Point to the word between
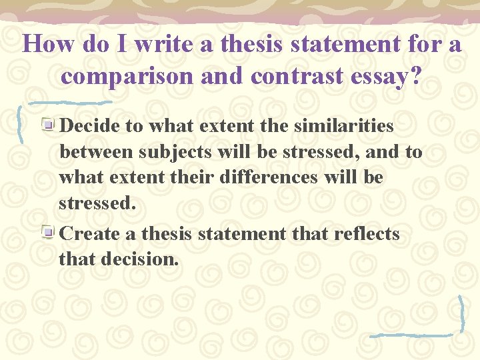(97, 152)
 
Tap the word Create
(91, 234)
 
